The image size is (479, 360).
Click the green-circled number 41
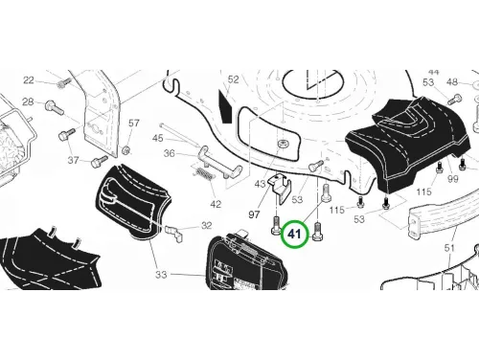[294, 234]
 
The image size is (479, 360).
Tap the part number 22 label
[29, 79]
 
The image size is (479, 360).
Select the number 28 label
[28, 101]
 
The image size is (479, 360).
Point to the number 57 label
[134, 123]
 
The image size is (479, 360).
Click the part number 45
[158, 138]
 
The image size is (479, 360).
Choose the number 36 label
[170, 153]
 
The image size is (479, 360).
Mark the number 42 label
[216, 204]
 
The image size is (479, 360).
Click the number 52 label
[234, 79]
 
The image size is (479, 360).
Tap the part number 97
[254, 214]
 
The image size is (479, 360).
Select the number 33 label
[161, 275]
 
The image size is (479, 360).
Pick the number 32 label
[207, 226]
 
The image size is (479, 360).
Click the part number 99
[453, 179]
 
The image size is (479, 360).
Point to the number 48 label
[452, 82]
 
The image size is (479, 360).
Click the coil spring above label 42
[203, 175]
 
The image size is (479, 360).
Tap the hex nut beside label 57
[126, 149]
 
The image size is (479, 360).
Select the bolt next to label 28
[55, 106]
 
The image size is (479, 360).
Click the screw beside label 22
[64, 83]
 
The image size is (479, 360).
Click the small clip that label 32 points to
[174, 233]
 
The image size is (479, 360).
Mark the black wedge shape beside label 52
[226, 106]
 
